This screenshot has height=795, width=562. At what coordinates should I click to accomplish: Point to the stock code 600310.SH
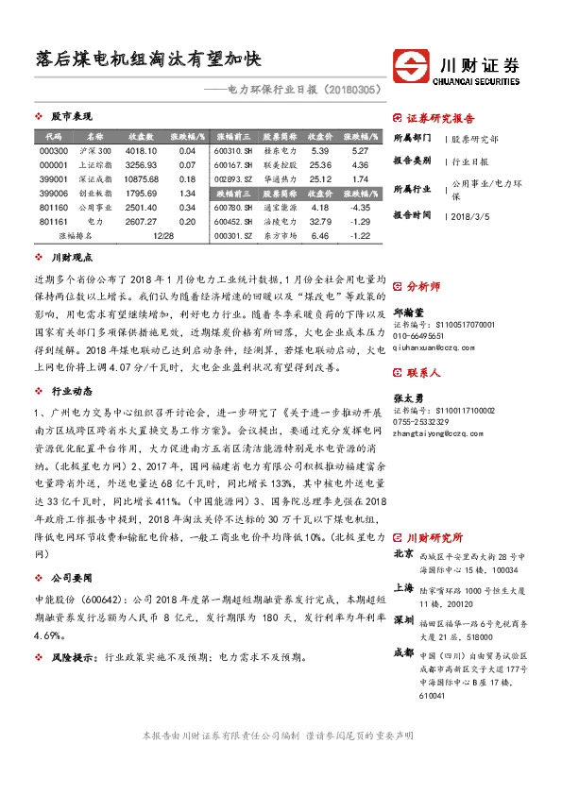(233, 151)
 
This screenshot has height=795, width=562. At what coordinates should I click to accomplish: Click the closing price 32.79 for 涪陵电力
(318, 221)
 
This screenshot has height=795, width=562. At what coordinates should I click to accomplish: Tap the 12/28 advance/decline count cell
(162, 235)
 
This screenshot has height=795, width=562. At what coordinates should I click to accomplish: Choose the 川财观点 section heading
(71, 257)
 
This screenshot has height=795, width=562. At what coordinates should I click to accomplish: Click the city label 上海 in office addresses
(403, 586)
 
